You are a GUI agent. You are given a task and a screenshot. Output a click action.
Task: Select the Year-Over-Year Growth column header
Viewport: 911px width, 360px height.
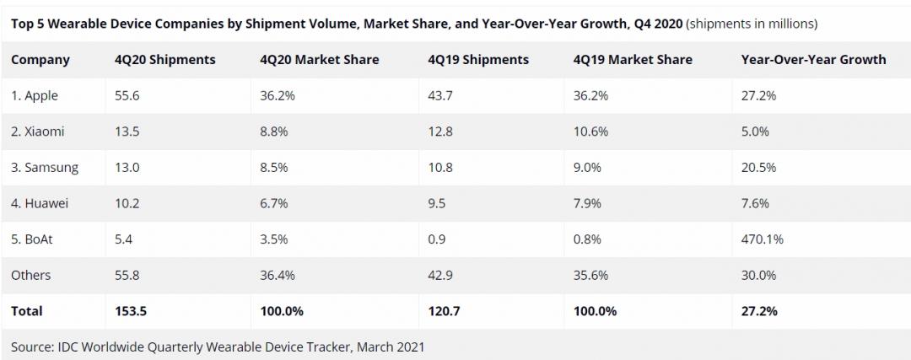pyautogui.click(x=813, y=60)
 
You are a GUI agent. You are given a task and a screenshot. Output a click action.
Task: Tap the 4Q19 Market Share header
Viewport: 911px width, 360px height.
pyautogui.click(x=632, y=60)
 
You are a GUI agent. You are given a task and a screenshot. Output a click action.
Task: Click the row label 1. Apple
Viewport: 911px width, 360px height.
pyautogui.click(x=35, y=96)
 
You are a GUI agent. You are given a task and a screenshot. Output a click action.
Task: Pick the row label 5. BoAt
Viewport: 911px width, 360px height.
pyautogui.click(x=34, y=239)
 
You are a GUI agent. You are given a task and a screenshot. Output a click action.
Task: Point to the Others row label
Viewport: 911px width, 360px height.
pyautogui.click(x=31, y=275)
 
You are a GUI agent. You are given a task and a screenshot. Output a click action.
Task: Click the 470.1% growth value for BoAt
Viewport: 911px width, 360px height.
pyautogui.click(x=762, y=239)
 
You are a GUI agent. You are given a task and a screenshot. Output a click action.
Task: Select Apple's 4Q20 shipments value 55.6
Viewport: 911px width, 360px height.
pyautogui.click(x=128, y=96)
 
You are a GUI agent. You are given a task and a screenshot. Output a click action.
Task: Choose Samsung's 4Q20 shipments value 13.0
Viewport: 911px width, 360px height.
pyautogui.click(x=128, y=168)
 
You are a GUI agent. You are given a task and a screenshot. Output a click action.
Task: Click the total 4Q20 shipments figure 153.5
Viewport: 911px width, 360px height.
pyautogui.click(x=132, y=311)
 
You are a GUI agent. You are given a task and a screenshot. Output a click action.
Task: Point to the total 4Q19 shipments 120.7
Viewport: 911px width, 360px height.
pyautogui.click(x=445, y=311)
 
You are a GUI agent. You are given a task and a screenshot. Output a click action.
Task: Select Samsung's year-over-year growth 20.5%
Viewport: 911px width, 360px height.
pyautogui.click(x=758, y=168)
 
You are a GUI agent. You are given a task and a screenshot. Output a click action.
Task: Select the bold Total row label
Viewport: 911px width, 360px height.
pyautogui.click(x=27, y=311)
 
